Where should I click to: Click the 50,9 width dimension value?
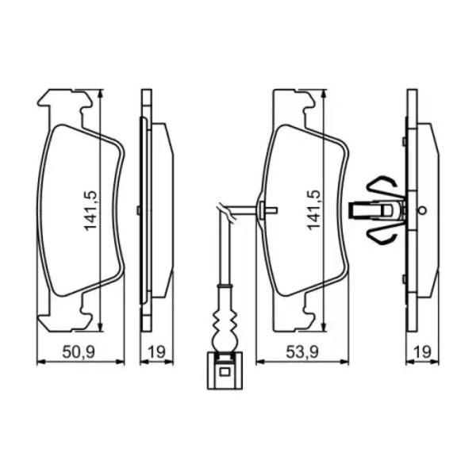coord(79,352)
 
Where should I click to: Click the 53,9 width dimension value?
coord(302,352)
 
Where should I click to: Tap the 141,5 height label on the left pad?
coord(90,211)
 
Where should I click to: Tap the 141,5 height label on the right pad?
coord(313,210)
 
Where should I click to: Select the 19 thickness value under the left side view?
coord(156,352)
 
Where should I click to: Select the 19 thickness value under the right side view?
coord(422,352)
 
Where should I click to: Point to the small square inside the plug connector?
coord(225,372)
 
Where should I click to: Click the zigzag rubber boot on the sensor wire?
coord(225,322)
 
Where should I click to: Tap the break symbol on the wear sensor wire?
coord(225,213)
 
